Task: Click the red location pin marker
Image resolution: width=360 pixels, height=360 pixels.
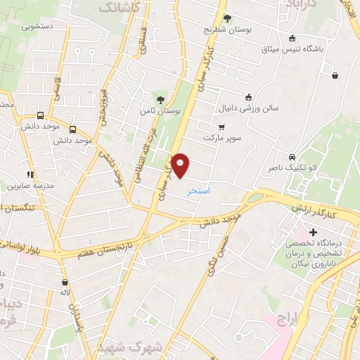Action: click(x=181, y=165)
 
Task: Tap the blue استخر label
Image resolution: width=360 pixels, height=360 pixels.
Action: click(x=198, y=191)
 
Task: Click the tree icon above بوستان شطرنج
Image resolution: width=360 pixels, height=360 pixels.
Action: click(x=226, y=19)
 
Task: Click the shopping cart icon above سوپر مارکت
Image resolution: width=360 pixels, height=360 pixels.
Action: click(x=221, y=127)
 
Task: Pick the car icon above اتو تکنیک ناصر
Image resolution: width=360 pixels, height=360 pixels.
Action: click(x=292, y=157)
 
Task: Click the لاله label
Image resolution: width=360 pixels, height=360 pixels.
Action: click(x=65, y=291)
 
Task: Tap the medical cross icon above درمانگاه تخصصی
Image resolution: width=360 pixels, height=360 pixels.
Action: click(x=313, y=231)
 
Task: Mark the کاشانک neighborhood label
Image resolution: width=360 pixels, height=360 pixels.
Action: click(x=120, y=7)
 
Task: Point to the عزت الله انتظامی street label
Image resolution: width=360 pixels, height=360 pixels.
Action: click(x=146, y=169)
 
